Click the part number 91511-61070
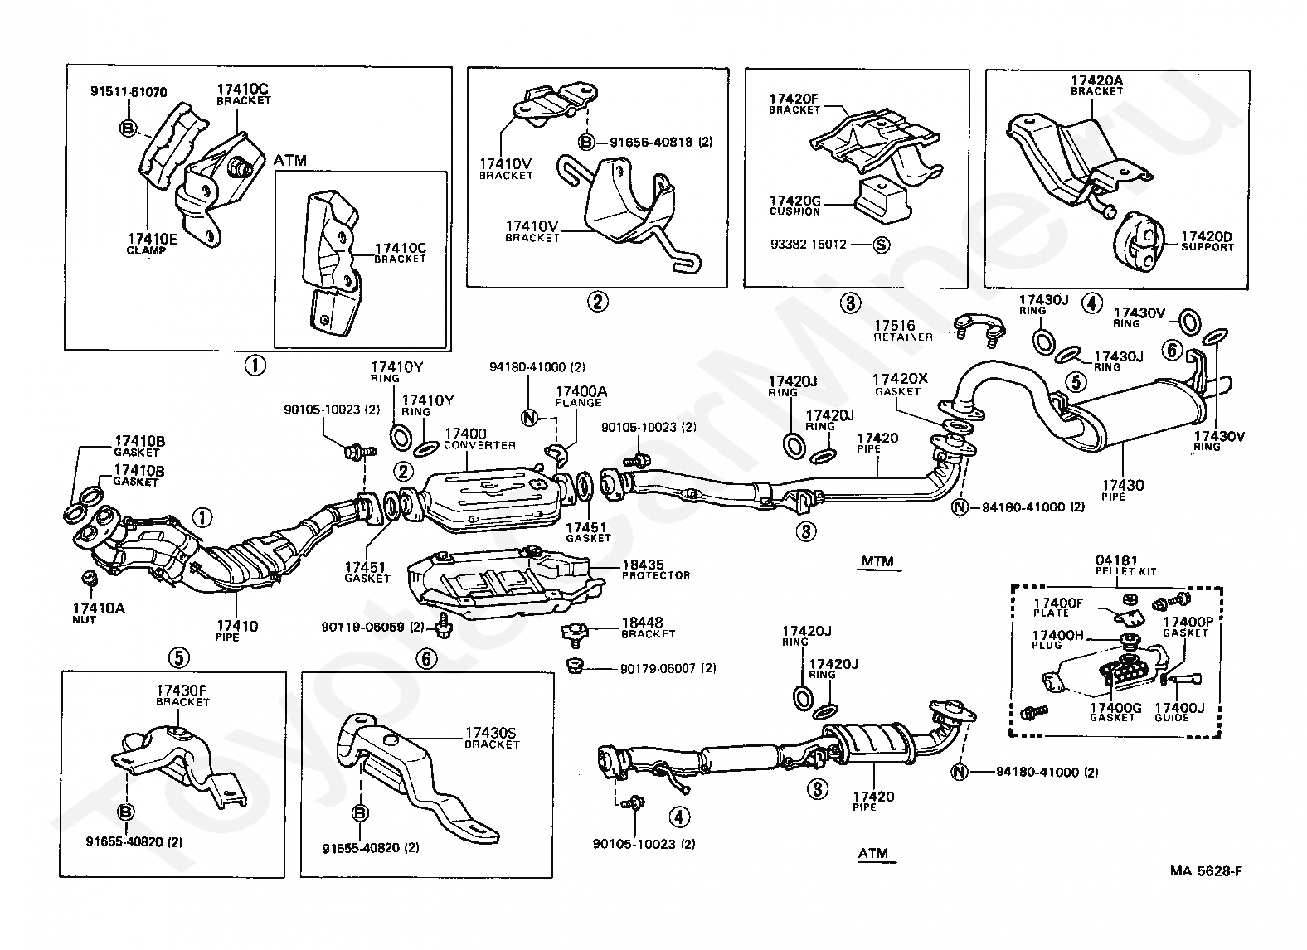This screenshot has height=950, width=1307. pos(128,92)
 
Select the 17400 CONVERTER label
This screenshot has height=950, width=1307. pos(479,439)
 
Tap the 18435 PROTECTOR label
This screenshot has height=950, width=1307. pos(654,570)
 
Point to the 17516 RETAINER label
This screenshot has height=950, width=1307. pos(903,331)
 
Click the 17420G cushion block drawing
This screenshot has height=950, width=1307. pos(882,196)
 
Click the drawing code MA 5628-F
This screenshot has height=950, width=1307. pos(1206,870)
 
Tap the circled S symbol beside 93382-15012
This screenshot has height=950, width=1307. pos(881,245)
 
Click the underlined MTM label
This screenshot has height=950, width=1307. pos(877,561)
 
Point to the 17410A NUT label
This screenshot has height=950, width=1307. pos(97,613)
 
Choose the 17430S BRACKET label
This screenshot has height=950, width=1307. pos(491,738)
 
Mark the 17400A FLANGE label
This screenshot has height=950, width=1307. pos(581,396)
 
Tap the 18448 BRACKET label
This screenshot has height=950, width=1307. pos(648,628)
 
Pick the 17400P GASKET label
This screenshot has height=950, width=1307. pos(1185,627)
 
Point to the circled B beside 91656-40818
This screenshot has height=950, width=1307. pos(585,142)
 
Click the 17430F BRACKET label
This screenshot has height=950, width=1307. pos(182,695)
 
